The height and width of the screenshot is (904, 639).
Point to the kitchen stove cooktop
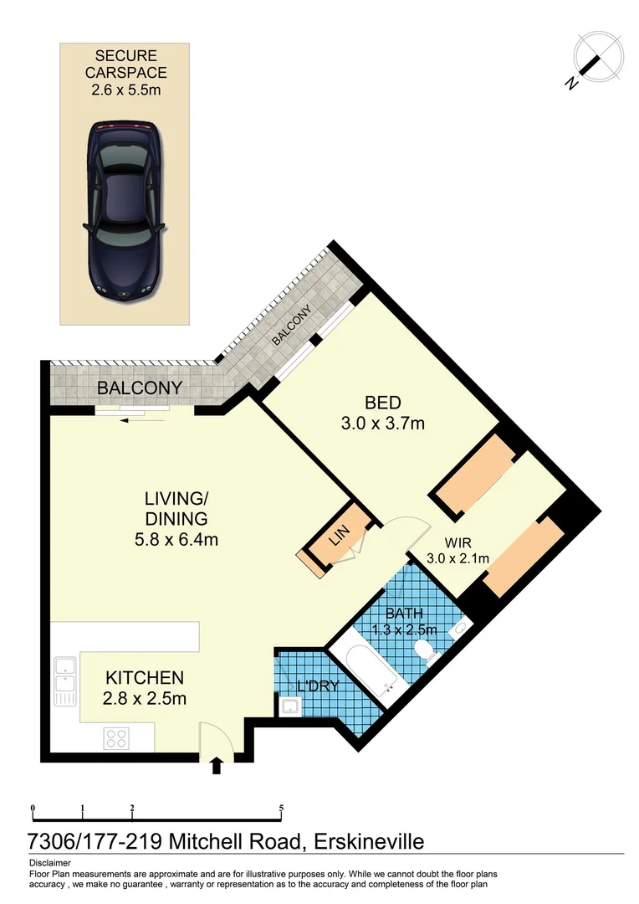115,738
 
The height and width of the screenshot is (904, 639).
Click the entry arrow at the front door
217,765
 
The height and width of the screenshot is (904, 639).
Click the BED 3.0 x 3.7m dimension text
382,424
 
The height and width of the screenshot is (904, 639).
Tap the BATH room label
404,614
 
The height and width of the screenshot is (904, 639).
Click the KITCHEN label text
144,677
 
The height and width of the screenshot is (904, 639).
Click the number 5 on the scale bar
282,809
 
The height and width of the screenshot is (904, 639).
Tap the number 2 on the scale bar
132,809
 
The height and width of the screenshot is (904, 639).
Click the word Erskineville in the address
369,840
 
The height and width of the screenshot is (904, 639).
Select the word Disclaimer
50,862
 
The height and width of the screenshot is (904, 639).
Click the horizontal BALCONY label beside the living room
140,388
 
